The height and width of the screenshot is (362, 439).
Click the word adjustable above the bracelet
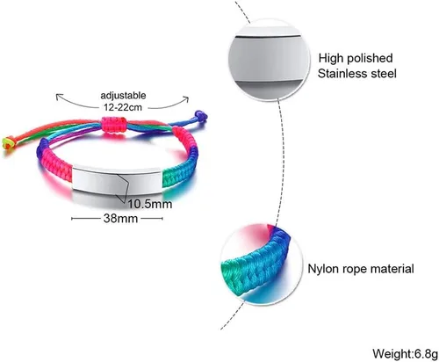tap(123, 96)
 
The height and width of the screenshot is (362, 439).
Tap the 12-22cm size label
tap(123, 107)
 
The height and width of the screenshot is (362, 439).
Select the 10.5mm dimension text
tap(150, 204)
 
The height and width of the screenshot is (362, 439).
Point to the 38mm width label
tap(120, 218)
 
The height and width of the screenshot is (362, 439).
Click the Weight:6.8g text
tap(405, 353)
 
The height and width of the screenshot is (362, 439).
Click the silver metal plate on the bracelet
tap(117, 179)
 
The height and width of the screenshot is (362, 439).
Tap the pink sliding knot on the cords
tap(114, 125)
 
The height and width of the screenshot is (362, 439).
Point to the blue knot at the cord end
tap(200, 116)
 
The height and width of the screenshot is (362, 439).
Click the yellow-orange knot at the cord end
tap(8, 143)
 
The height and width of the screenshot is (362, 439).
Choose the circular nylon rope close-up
tap(261, 264)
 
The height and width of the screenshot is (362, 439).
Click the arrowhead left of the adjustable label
tap(58, 96)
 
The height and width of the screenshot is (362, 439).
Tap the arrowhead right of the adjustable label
tap(186, 99)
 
